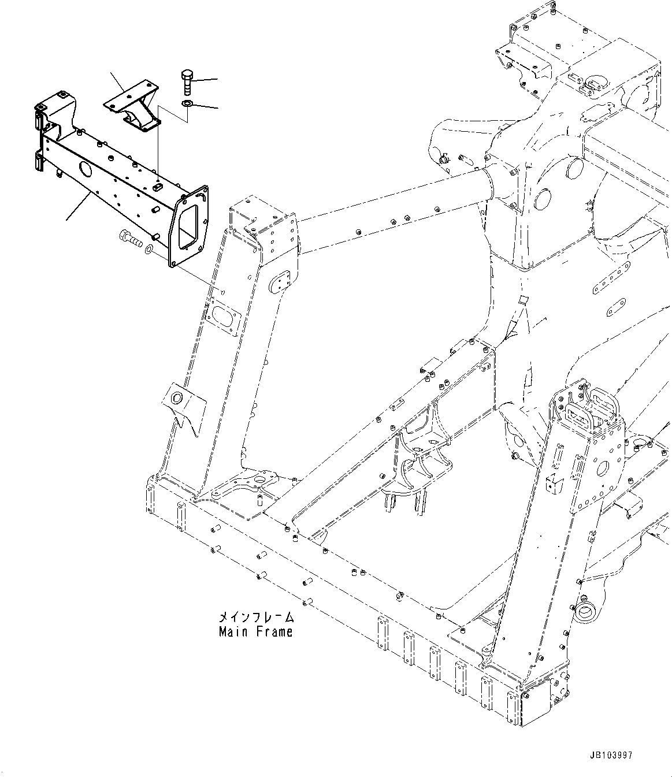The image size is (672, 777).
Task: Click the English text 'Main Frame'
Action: [255, 632]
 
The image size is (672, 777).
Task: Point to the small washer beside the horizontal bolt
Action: [149, 249]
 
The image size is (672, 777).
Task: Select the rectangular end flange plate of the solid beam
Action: [188, 225]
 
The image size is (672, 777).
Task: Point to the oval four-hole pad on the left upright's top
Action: [283, 284]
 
